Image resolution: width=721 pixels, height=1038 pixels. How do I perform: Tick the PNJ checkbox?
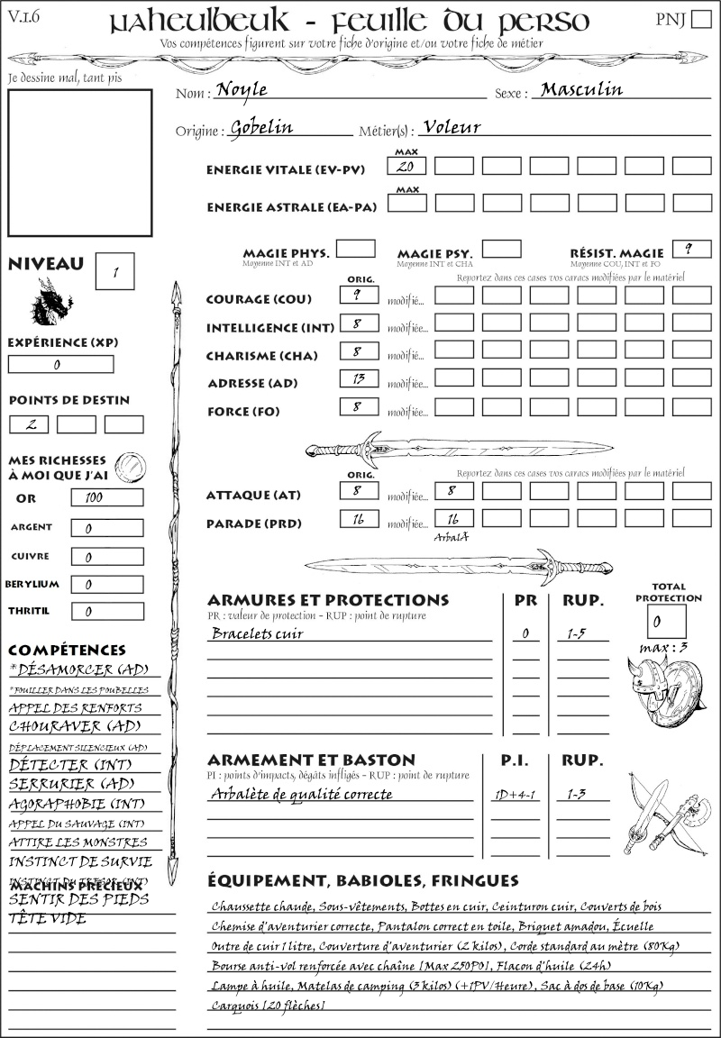point(698,21)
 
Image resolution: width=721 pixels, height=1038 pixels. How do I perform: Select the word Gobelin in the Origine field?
point(261,128)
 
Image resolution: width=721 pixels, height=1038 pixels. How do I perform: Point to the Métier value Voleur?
point(451,128)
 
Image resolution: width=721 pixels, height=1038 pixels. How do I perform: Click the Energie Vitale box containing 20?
point(407,167)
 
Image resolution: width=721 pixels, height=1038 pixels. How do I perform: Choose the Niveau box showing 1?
point(116,270)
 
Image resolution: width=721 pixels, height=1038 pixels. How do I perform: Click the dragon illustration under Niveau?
point(50,303)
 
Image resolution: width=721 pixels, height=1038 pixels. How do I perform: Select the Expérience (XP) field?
point(60,365)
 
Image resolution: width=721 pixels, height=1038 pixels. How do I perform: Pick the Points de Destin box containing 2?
point(29,424)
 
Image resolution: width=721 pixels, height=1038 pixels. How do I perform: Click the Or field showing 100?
point(106,497)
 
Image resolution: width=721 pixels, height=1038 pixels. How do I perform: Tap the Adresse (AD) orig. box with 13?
point(359,379)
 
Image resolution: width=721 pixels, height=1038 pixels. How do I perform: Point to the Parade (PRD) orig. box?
point(359,519)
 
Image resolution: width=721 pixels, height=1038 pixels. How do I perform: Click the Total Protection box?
point(666,621)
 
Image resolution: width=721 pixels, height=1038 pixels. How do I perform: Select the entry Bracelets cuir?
point(257,633)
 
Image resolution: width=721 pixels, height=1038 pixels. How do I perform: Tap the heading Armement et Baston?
point(311,760)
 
